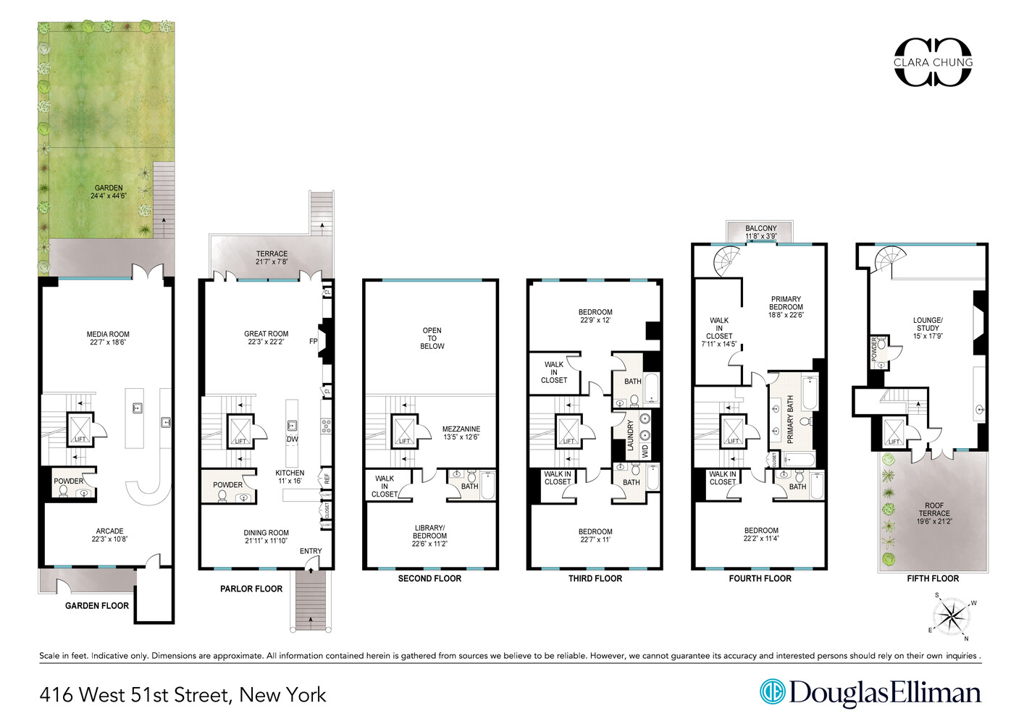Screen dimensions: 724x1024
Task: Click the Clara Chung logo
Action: tap(933, 62)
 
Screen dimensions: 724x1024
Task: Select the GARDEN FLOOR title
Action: tap(97, 606)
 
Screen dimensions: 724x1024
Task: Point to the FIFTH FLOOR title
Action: tap(933, 578)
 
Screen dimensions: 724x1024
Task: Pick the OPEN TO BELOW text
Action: tap(432, 338)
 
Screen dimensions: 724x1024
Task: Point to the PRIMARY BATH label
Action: tap(790, 419)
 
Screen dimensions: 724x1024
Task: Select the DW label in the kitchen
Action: tap(292, 439)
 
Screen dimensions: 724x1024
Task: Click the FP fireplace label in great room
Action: tap(314, 341)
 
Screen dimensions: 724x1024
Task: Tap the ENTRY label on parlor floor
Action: tap(311, 551)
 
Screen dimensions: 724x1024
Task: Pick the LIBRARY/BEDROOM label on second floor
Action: tap(429, 536)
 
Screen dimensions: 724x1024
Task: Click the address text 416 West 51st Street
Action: tap(182, 695)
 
